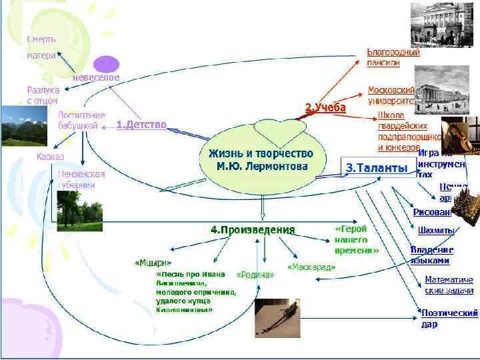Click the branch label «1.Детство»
[141, 125]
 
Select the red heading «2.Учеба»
[325, 107]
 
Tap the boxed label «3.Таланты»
[377, 169]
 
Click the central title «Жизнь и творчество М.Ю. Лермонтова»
[265, 159]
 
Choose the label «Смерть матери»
[41, 47]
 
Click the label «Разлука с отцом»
[43, 95]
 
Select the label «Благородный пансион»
[393, 57]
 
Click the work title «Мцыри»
[153, 262]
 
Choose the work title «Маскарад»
[311, 267]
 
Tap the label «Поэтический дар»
[449, 318]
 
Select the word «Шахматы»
[436, 231]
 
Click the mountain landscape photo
[24, 126]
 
